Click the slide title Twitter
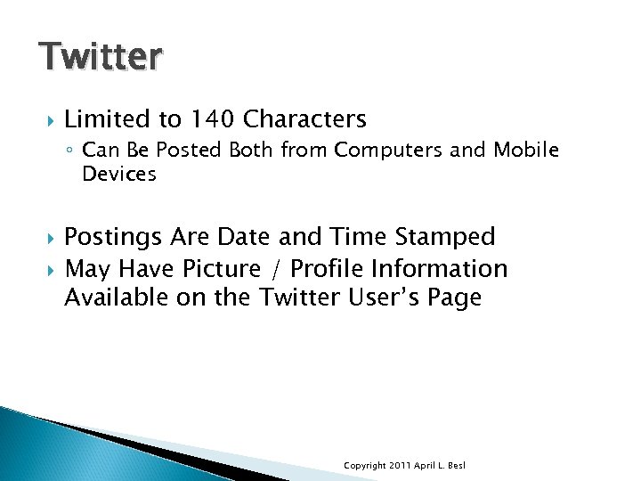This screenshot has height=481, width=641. click(x=101, y=55)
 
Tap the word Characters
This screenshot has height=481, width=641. click(x=304, y=118)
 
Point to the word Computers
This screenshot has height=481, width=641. click(x=389, y=151)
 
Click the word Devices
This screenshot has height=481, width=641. click(x=118, y=174)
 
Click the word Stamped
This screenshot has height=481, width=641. click(x=444, y=237)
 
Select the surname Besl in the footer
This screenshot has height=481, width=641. click(x=456, y=466)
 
